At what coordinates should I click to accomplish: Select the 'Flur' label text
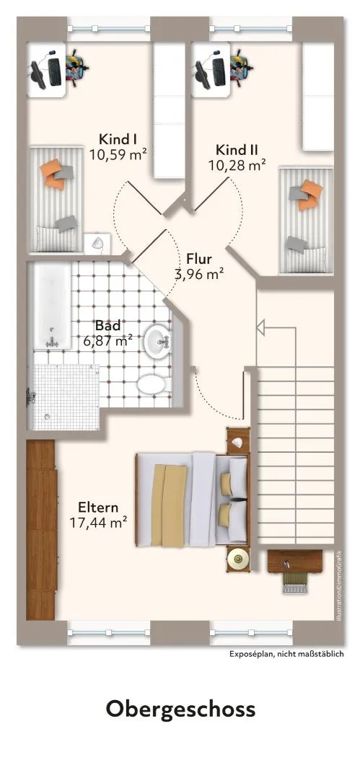click(199, 259)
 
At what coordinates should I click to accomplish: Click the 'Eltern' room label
click(98, 508)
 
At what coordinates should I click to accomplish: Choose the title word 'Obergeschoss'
click(180, 709)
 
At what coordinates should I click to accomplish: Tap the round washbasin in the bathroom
click(158, 341)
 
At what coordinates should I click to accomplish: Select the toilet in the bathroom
click(154, 384)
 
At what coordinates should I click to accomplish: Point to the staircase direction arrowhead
click(261, 327)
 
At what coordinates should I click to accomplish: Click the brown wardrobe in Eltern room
click(41, 530)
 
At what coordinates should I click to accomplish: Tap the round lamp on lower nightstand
click(238, 560)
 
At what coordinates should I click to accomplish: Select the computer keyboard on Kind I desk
click(55, 71)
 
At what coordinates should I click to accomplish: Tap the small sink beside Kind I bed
click(97, 242)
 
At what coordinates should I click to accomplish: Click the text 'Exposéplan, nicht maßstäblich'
click(286, 654)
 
